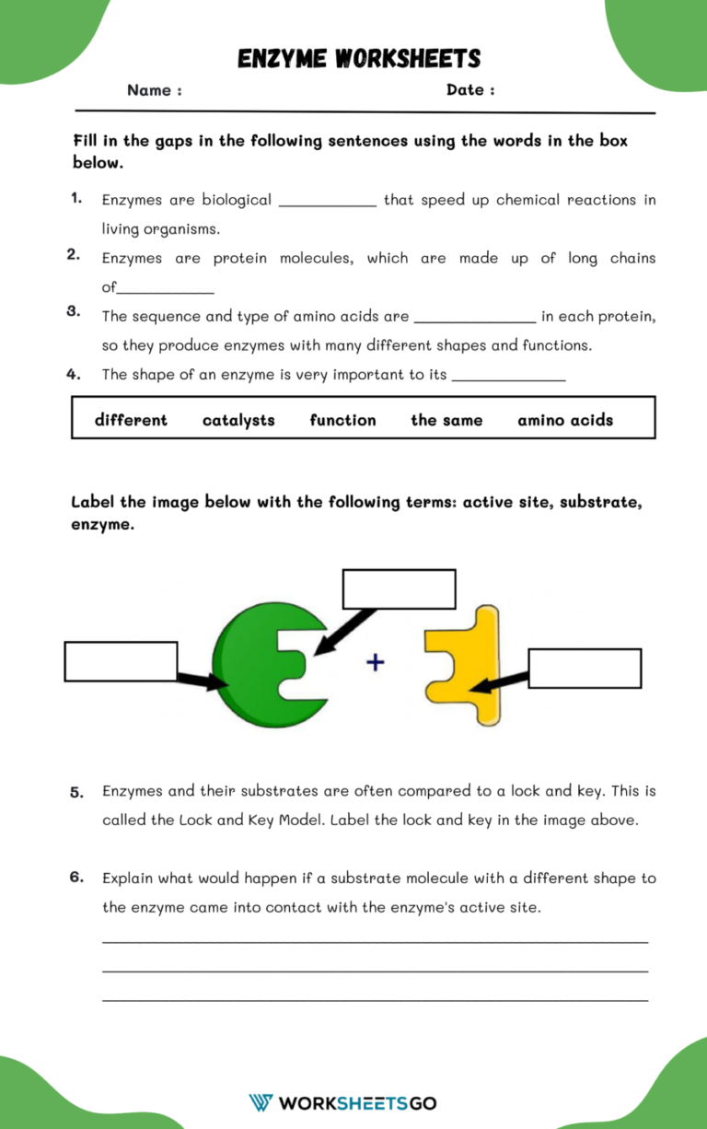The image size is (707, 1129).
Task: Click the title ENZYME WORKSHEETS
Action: pos(359,59)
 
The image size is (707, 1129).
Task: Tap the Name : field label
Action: pos(154,90)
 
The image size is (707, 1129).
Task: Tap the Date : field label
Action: pos(470,90)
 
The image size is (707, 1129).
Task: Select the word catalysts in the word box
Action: pos(238,420)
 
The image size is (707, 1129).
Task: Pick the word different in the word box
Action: pos(131,420)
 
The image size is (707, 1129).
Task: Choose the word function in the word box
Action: pos(342,420)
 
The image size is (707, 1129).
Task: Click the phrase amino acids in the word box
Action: pos(564,420)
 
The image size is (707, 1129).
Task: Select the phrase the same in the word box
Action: pos(446,420)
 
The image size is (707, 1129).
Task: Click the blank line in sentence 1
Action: pos(327,204)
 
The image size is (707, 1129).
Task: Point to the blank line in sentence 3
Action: pos(475,320)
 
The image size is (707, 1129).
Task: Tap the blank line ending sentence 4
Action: pos(508,378)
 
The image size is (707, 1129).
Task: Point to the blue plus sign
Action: pos(376,661)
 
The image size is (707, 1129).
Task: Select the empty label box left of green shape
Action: pos(121,661)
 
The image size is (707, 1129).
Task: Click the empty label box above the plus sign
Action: pos(399,589)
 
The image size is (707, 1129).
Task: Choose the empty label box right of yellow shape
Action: pos(585,669)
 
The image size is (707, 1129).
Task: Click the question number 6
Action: pos(76,878)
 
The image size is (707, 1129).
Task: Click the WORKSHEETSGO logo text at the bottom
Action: pos(357,1102)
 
